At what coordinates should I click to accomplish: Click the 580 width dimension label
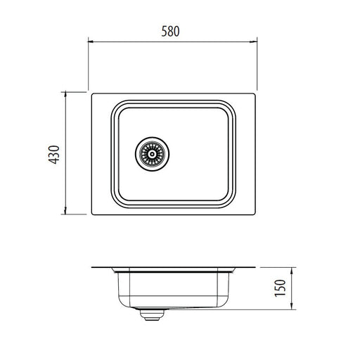tap(172, 31)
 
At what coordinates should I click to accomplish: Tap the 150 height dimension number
tap(281, 290)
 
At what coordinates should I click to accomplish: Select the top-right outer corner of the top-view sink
tap(255, 93)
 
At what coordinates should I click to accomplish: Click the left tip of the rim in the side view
tap(91, 269)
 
